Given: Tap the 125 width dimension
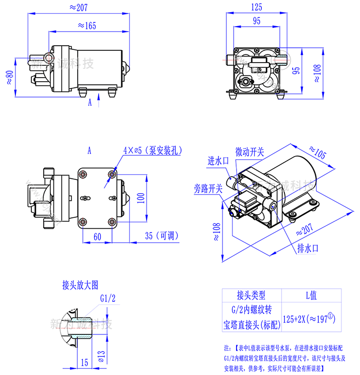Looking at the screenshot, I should (257, 7).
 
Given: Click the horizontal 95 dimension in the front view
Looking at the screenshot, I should (256, 21).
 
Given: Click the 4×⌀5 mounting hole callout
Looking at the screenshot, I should (152, 151).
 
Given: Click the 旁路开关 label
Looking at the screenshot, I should (208, 188).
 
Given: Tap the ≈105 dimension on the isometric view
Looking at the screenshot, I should (318, 152).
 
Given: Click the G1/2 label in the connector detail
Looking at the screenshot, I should (107, 298).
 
